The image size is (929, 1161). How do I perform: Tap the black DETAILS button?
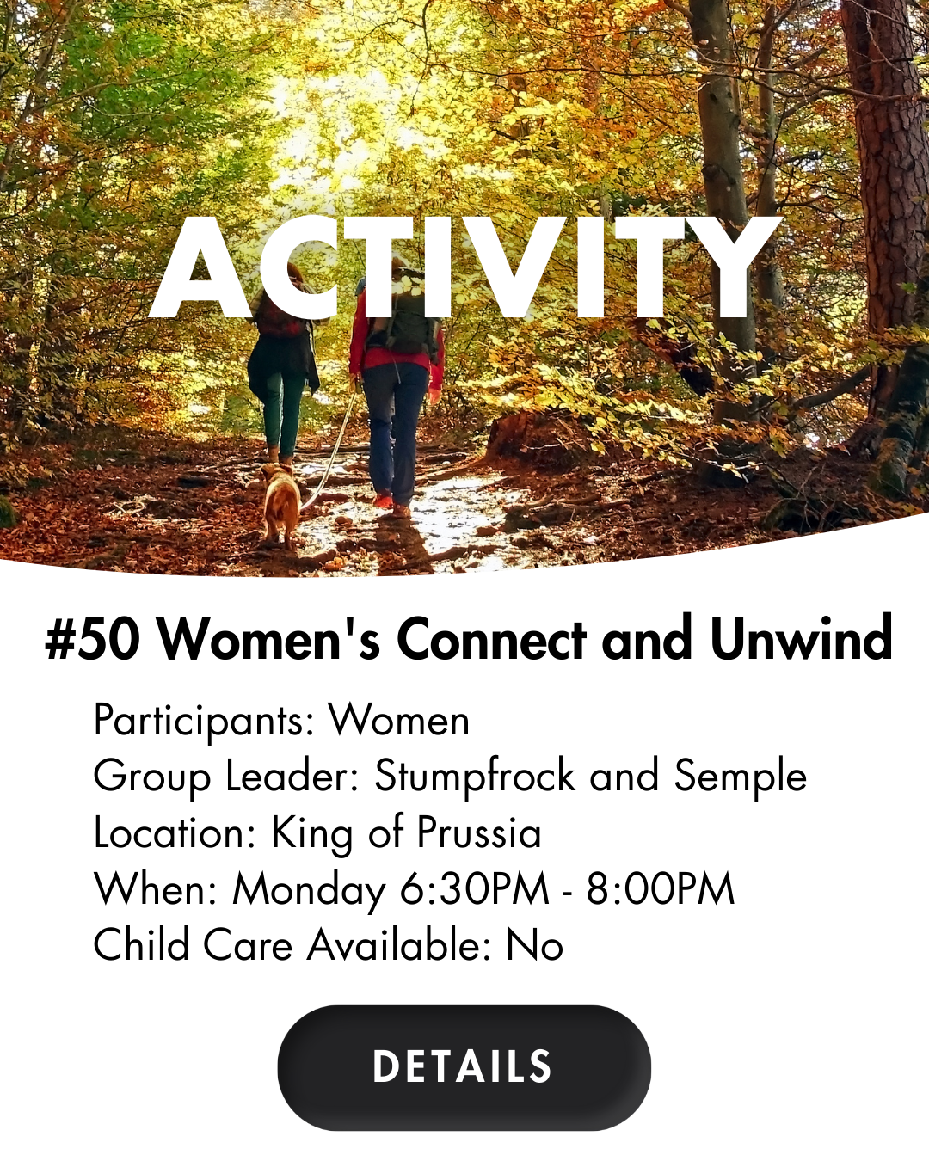464,1067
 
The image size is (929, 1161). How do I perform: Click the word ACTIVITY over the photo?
464,267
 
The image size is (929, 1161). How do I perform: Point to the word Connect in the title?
491,639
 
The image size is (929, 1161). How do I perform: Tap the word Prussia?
479,832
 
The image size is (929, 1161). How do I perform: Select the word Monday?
309,889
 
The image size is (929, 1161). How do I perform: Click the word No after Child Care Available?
534,946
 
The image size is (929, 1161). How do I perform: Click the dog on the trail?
280,504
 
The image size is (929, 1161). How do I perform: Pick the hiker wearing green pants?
283,367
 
